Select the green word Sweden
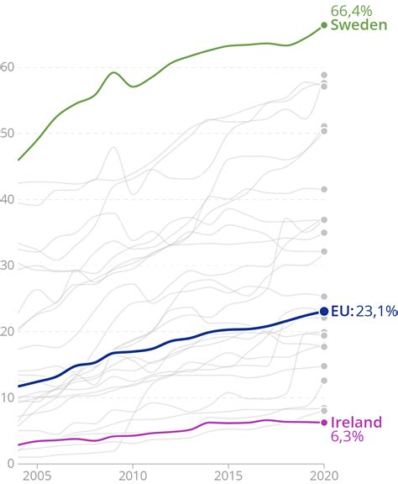pyautogui.click(x=359, y=25)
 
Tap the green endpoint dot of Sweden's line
pyautogui.click(x=324, y=25)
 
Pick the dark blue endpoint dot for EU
pyautogui.click(x=324, y=312)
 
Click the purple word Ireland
pyautogui.click(x=356, y=422)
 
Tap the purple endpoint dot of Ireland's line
pyautogui.click(x=324, y=422)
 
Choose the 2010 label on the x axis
pyautogui.click(x=131, y=476)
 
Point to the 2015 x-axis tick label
pyautogui.click(x=228, y=476)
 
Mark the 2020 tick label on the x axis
pyautogui.click(x=323, y=476)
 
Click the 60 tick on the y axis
pyautogui.click(x=8, y=67)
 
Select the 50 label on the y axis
pyautogui.click(x=8, y=134)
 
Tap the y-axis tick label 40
pyautogui.click(x=8, y=199)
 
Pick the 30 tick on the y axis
pyautogui.click(x=8, y=266)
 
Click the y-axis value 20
pyautogui.click(x=8, y=331)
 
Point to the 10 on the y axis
pyautogui.click(x=8, y=397)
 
